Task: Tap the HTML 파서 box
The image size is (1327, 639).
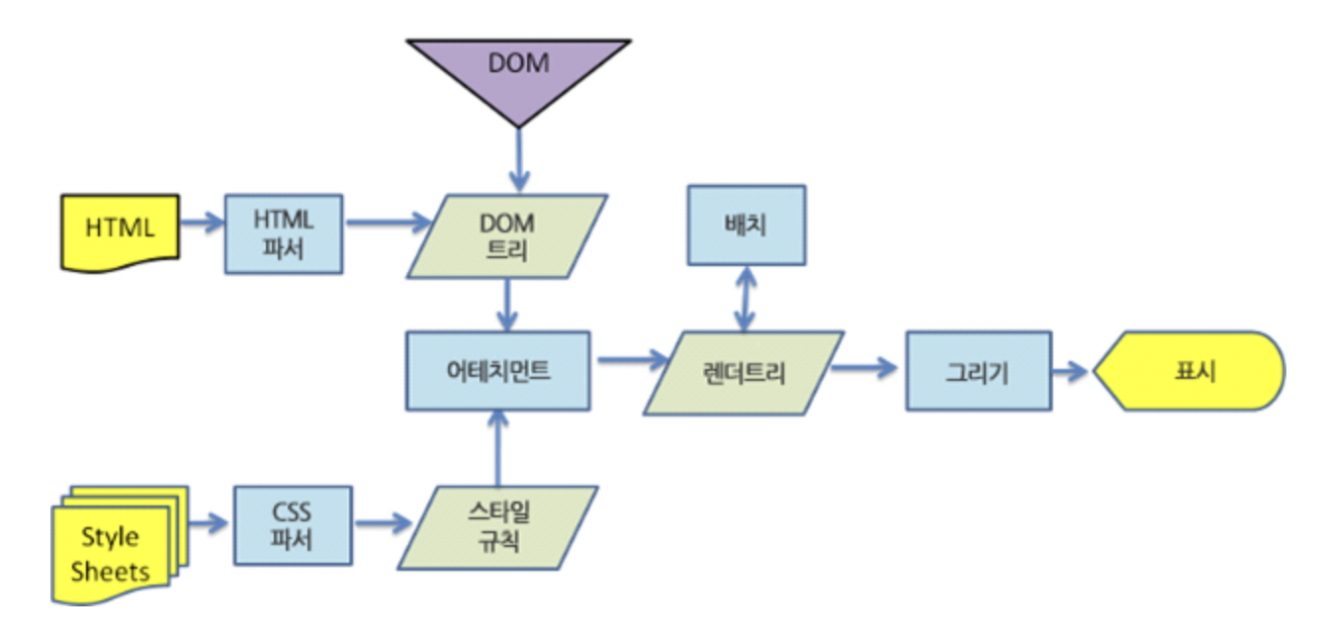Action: click(x=285, y=233)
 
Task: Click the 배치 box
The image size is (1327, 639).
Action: click(x=746, y=227)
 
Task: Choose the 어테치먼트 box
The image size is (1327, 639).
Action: click(x=497, y=371)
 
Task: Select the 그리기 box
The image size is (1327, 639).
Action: click(x=978, y=373)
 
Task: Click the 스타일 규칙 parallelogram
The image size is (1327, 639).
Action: click(x=498, y=526)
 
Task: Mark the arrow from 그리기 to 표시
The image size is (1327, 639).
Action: click(x=1072, y=373)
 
